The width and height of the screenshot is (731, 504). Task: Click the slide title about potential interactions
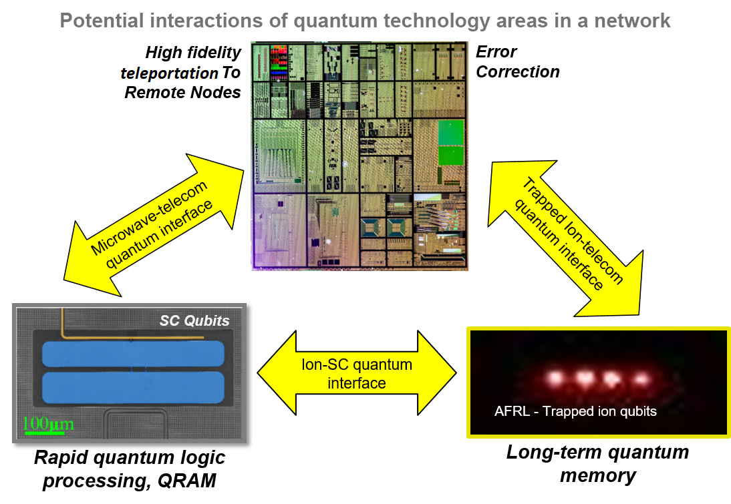[365, 21]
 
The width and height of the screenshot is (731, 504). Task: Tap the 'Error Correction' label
[517, 61]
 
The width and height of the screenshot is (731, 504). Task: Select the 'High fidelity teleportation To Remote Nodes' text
[184, 72]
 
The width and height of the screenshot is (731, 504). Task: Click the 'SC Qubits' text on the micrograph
[194, 320]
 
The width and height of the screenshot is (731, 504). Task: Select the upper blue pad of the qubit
[133, 354]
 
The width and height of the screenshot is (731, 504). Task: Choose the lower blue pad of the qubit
[133, 387]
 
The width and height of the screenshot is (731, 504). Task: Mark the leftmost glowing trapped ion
[554, 379]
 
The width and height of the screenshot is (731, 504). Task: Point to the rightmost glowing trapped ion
[641, 379]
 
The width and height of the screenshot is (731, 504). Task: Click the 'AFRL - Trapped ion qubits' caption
[575, 411]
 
